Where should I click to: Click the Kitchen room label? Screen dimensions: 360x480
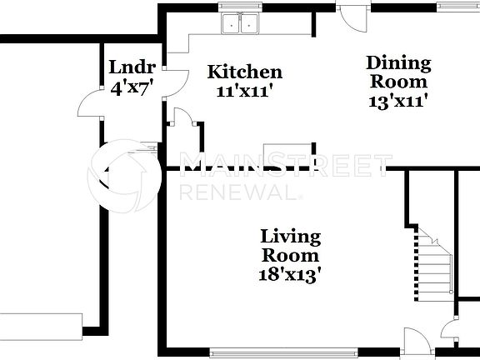244,72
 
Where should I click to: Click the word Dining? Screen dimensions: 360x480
399,63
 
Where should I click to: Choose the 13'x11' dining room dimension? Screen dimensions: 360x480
397,100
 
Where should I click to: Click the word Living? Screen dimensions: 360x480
290,236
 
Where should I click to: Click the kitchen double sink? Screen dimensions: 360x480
241,25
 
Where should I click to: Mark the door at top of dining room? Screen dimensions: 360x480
352,17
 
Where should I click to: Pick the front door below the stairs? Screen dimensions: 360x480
414,342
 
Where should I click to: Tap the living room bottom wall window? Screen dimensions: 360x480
284,351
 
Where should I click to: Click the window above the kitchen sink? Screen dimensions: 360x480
240,6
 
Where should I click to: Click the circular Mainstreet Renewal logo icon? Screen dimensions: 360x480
126,174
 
